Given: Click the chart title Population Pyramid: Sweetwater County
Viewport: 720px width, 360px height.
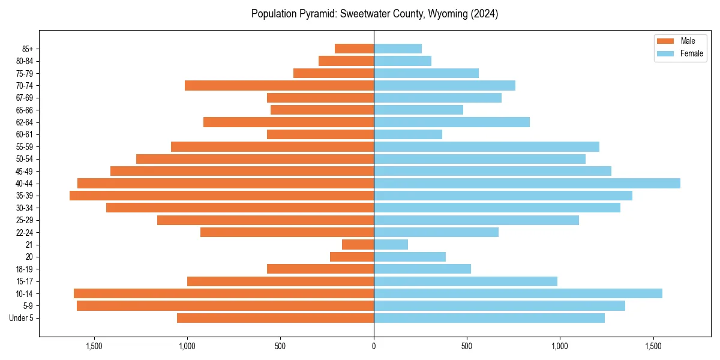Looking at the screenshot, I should click(374, 14).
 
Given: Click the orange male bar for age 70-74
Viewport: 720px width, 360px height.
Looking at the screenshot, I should click(279, 86).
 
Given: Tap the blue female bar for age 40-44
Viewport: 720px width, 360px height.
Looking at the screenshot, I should click(527, 184).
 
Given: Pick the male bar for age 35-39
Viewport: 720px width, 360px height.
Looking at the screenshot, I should click(221, 196).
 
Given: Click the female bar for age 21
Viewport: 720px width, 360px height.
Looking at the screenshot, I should click(391, 245).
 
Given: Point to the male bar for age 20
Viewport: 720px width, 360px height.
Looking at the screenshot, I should click(352, 257).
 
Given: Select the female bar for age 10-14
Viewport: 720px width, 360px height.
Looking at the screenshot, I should click(518, 293).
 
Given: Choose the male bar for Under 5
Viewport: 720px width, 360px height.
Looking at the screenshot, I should click(275, 318).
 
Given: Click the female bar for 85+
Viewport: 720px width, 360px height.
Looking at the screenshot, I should click(398, 49).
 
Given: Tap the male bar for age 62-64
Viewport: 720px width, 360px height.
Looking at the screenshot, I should click(289, 122).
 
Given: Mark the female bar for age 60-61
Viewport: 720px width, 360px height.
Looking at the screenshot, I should click(408, 134).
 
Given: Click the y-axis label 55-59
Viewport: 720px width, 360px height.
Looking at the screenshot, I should click(25, 147).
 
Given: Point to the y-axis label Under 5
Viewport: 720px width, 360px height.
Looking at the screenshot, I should click(22, 318).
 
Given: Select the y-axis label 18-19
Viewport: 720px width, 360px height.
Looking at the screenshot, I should click(25, 269).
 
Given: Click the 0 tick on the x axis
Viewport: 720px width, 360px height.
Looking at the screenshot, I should click(374, 346).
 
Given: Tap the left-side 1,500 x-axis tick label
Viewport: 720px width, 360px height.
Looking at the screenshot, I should click(94, 346).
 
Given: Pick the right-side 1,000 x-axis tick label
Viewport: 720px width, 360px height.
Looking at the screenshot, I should click(560, 346).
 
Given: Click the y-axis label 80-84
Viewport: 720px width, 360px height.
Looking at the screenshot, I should click(25, 61).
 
